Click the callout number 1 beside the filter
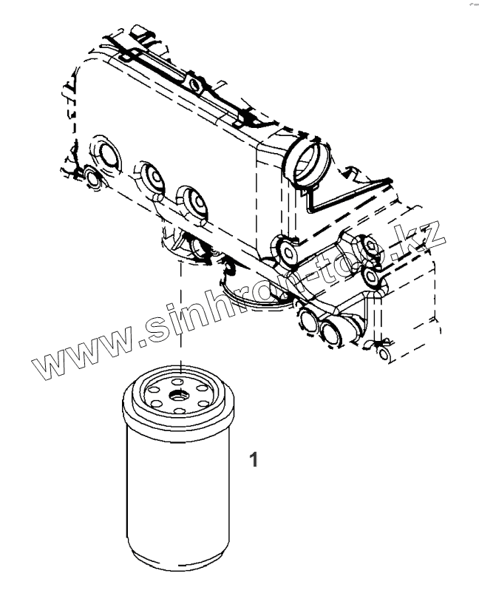(254, 460)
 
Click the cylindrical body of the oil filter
(178, 488)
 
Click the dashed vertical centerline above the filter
(180, 311)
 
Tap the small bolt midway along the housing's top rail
(196, 84)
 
